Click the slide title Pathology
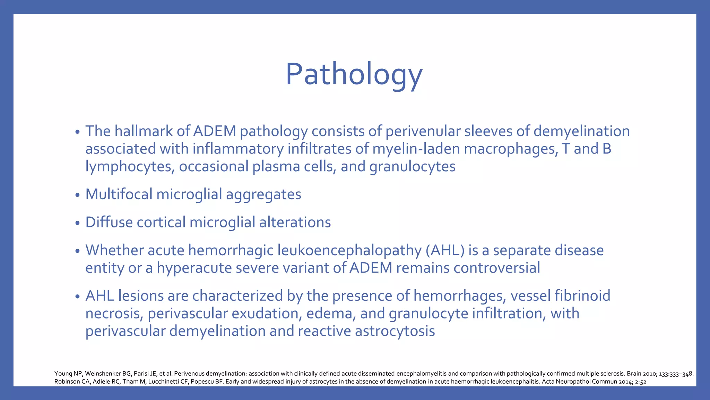coord(354,74)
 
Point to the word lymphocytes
coord(129,167)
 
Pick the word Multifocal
coord(119,194)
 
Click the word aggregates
coord(263,194)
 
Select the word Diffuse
coord(109,222)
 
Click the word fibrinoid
coord(582,296)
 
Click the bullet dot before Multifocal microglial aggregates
coord(77,195)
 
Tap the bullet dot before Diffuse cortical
coord(77,223)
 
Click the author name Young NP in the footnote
coord(68,374)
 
